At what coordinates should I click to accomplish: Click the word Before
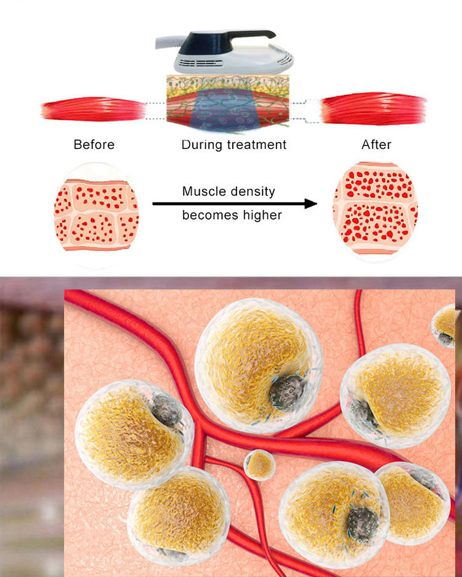[94, 145]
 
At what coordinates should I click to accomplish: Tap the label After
[376, 145]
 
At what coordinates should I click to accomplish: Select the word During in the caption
[201, 145]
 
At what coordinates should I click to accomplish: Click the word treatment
[256, 145]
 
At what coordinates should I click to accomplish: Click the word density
[252, 192]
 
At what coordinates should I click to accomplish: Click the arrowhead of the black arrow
[311, 203]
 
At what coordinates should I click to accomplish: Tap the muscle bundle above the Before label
[92, 110]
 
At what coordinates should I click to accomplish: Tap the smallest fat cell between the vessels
[260, 466]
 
